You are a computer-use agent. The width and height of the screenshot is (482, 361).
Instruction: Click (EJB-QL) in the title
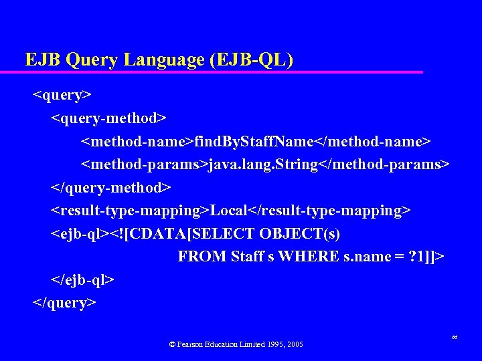pyautogui.click(x=251, y=60)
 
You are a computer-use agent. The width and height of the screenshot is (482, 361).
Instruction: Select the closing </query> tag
pyautogui.click(x=65, y=303)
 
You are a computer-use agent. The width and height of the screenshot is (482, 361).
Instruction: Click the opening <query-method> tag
pyautogui.click(x=109, y=118)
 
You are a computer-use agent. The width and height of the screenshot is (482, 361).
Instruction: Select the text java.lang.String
pyautogui.click(x=263, y=164)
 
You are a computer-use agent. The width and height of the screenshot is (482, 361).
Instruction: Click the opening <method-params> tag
pyautogui.click(x=145, y=164)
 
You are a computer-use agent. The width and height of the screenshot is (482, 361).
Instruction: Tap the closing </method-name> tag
pyautogui.click(x=373, y=141)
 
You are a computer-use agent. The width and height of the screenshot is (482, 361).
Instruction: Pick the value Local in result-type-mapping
pyautogui.click(x=228, y=211)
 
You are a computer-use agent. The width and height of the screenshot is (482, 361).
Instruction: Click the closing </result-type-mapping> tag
pyautogui.click(x=329, y=211)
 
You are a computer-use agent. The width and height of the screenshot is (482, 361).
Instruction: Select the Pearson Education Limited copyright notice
pyautogui.click(x=236, y=344)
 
